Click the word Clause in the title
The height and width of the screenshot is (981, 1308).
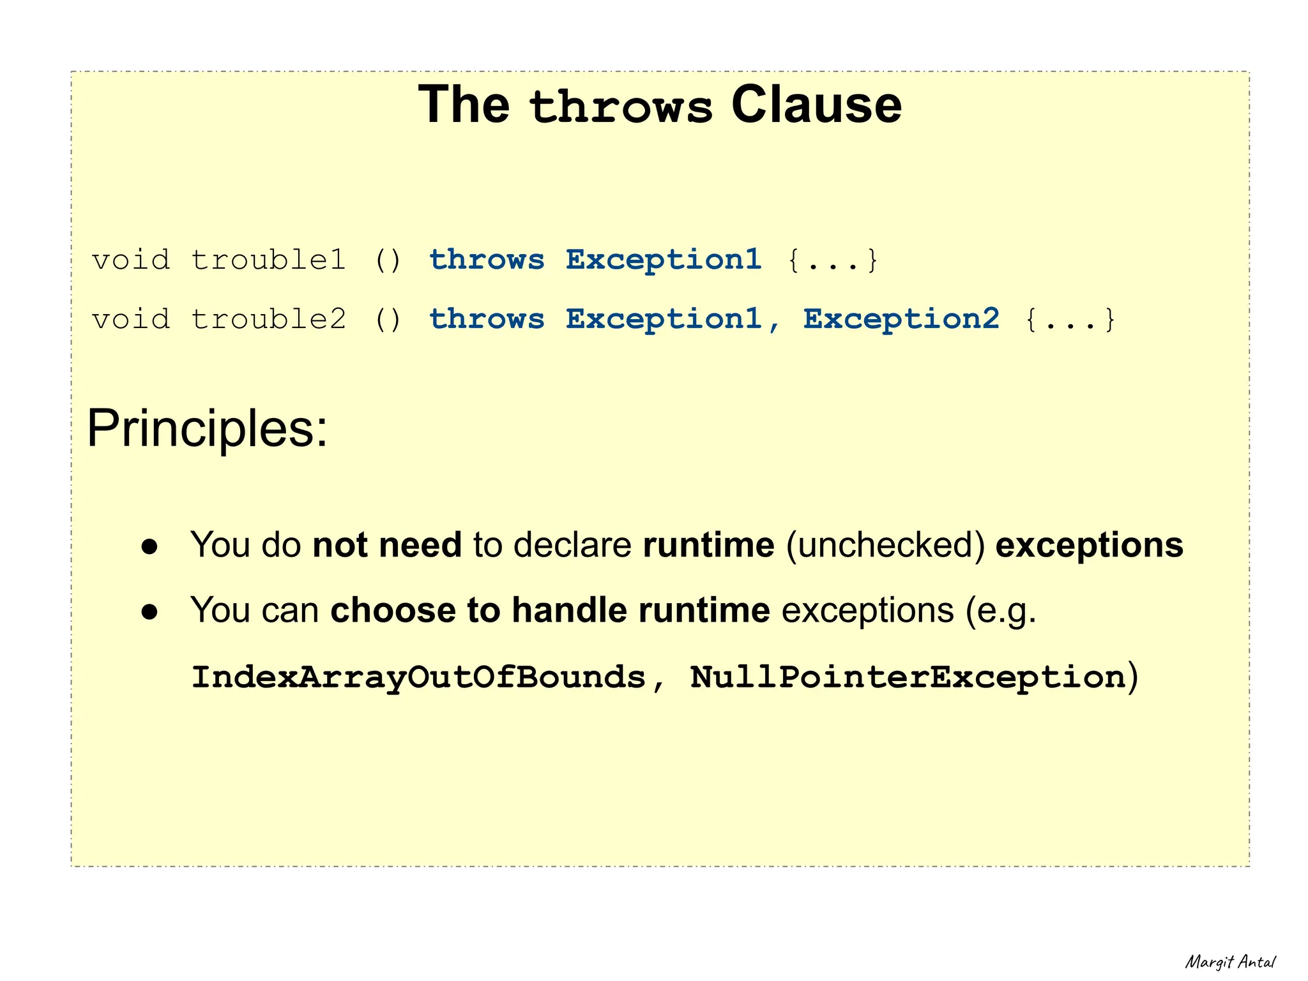pos(816,105)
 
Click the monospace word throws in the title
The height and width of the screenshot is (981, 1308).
pos(620,107)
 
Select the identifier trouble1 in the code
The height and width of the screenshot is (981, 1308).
pos(268,260)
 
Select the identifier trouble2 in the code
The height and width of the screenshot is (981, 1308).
pos(268,319)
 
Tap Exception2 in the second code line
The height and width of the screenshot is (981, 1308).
pos(901,319)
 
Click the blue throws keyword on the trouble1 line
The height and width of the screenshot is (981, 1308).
pos(487,260)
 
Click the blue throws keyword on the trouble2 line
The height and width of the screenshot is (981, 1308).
pos(487,319)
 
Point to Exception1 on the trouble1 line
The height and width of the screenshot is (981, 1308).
pos(664,260)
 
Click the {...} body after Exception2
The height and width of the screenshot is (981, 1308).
pos(1070,319)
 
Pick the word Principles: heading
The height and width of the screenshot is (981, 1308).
pos(207,428)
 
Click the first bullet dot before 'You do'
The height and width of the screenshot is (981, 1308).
pos(149,546)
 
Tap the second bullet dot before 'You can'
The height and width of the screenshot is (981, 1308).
pos(149,611)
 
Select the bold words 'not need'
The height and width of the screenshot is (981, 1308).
pos(387,545)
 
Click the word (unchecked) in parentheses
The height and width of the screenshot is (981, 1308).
pos(885,546)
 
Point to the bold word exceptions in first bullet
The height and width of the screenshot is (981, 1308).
pos(1089,546)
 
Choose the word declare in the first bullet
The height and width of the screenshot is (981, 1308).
pos(572,545)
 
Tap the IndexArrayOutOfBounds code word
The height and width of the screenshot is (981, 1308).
pos(418,677)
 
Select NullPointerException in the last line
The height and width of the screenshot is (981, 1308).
pos(908,677)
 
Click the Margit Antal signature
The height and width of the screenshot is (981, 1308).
pos(1229,962)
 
